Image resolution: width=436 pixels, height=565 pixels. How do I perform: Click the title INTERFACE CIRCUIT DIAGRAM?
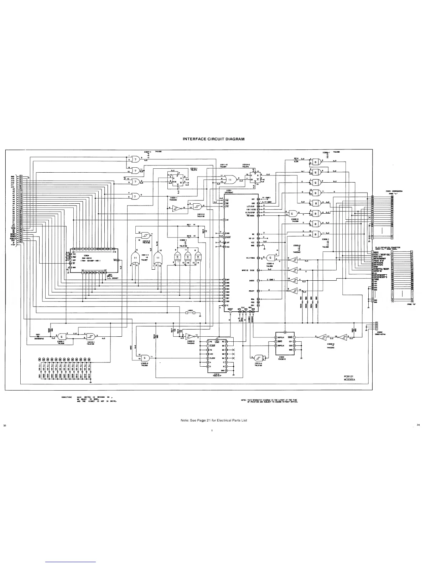click(213, 139)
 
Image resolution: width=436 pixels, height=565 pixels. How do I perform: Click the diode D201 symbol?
click(38, 336)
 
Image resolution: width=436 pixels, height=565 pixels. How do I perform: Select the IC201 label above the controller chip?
click(229, 190)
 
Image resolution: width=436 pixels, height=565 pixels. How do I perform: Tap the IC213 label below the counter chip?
click(217, 374)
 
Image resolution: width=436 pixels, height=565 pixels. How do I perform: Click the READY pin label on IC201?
click(251, 291)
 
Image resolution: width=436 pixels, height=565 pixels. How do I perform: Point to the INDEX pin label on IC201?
click(251, 281)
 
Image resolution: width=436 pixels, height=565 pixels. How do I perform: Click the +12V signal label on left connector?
click(12, 244)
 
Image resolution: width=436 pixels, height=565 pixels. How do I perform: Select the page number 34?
click(418, 425)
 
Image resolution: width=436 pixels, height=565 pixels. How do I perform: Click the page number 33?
click(5, 426)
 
